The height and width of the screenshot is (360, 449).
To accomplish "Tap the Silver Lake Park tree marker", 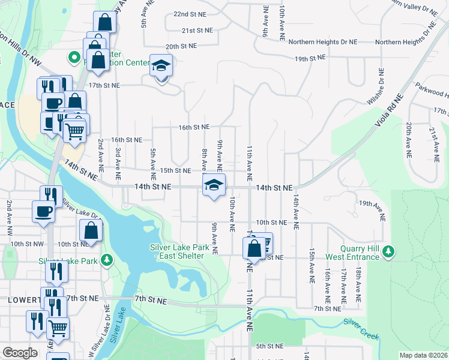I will click(x=106, y=260).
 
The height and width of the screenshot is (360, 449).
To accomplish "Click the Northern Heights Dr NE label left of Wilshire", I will click(x=322, y=42).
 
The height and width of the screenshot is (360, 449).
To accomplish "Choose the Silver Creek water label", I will click(x=361, y=329).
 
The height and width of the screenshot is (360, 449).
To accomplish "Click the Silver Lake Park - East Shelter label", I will click(x=179, y=251).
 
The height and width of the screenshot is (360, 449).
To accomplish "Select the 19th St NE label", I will click(x=310, y=58).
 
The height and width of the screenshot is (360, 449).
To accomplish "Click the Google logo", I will click(x=20, y=353).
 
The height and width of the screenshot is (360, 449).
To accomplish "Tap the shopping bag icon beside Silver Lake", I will click(x=91, y=230).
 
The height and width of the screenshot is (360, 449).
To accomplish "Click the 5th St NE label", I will click(x=270, y=346).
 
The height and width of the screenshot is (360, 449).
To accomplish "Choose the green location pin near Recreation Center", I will click(x=74, y=58).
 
